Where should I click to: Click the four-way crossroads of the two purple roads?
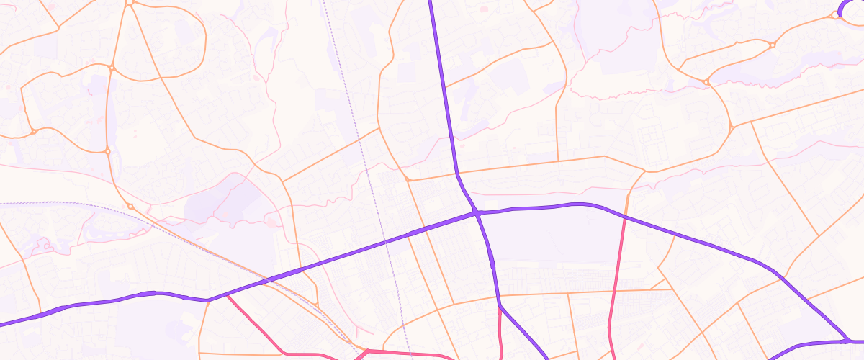point(477,213)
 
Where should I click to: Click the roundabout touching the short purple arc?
point(836,14)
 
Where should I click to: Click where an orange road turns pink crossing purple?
point(624,217)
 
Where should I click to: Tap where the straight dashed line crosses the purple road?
point(386,242)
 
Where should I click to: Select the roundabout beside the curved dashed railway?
point(130,207)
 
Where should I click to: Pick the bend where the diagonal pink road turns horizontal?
point(286,353)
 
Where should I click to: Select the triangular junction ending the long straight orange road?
point(732,129)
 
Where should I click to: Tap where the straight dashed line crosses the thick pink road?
point(408,353)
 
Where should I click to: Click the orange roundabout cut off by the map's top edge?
point(130,2)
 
